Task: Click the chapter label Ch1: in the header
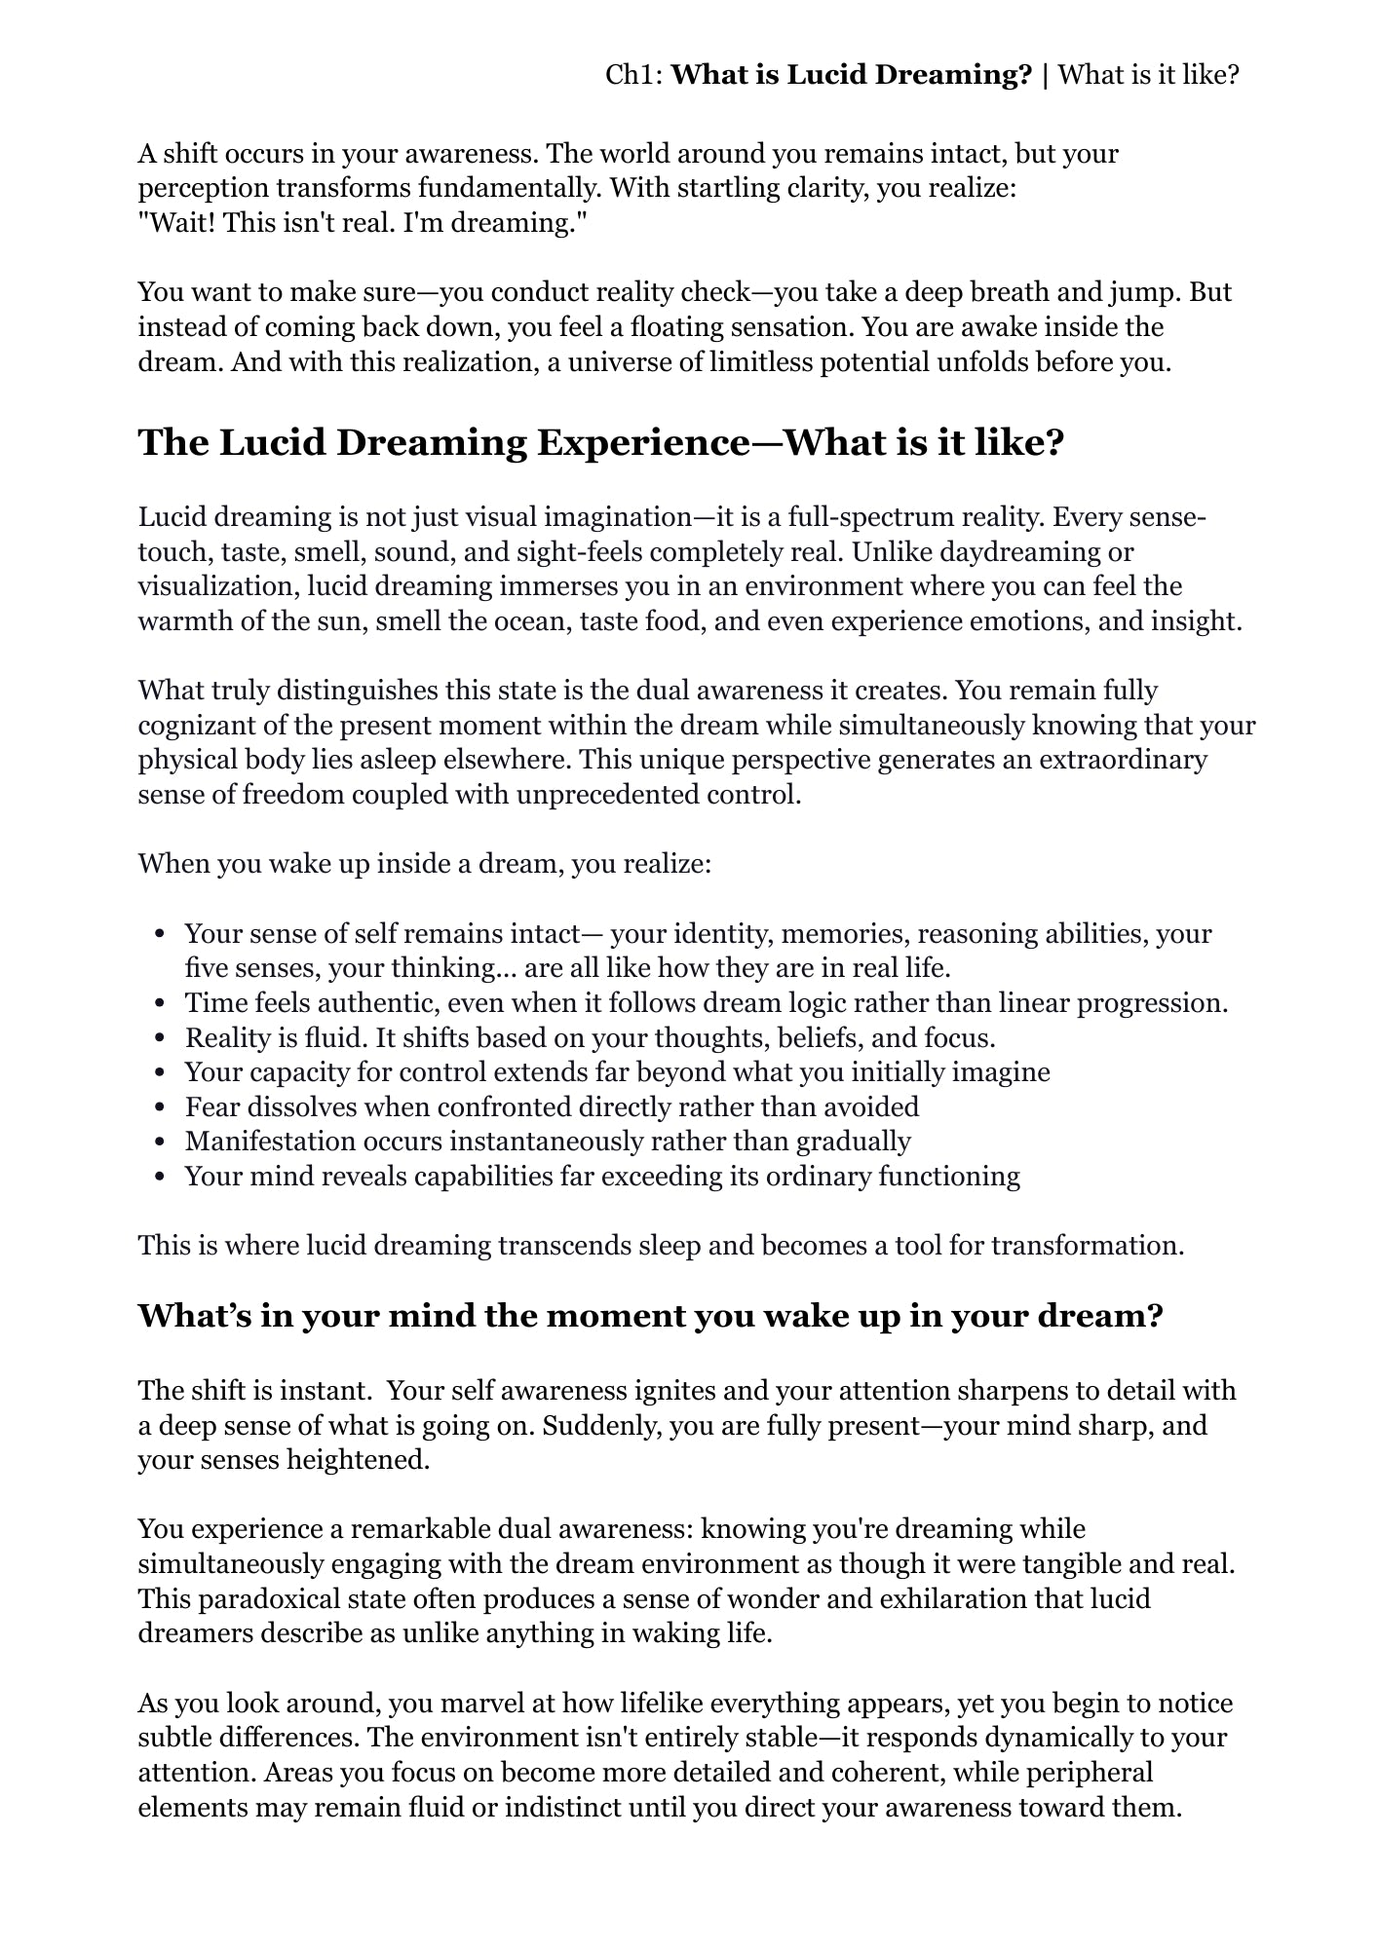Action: [x=634, y=75]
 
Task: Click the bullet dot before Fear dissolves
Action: [x=161, y=1108]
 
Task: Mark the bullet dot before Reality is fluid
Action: [x=161, y=1039]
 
